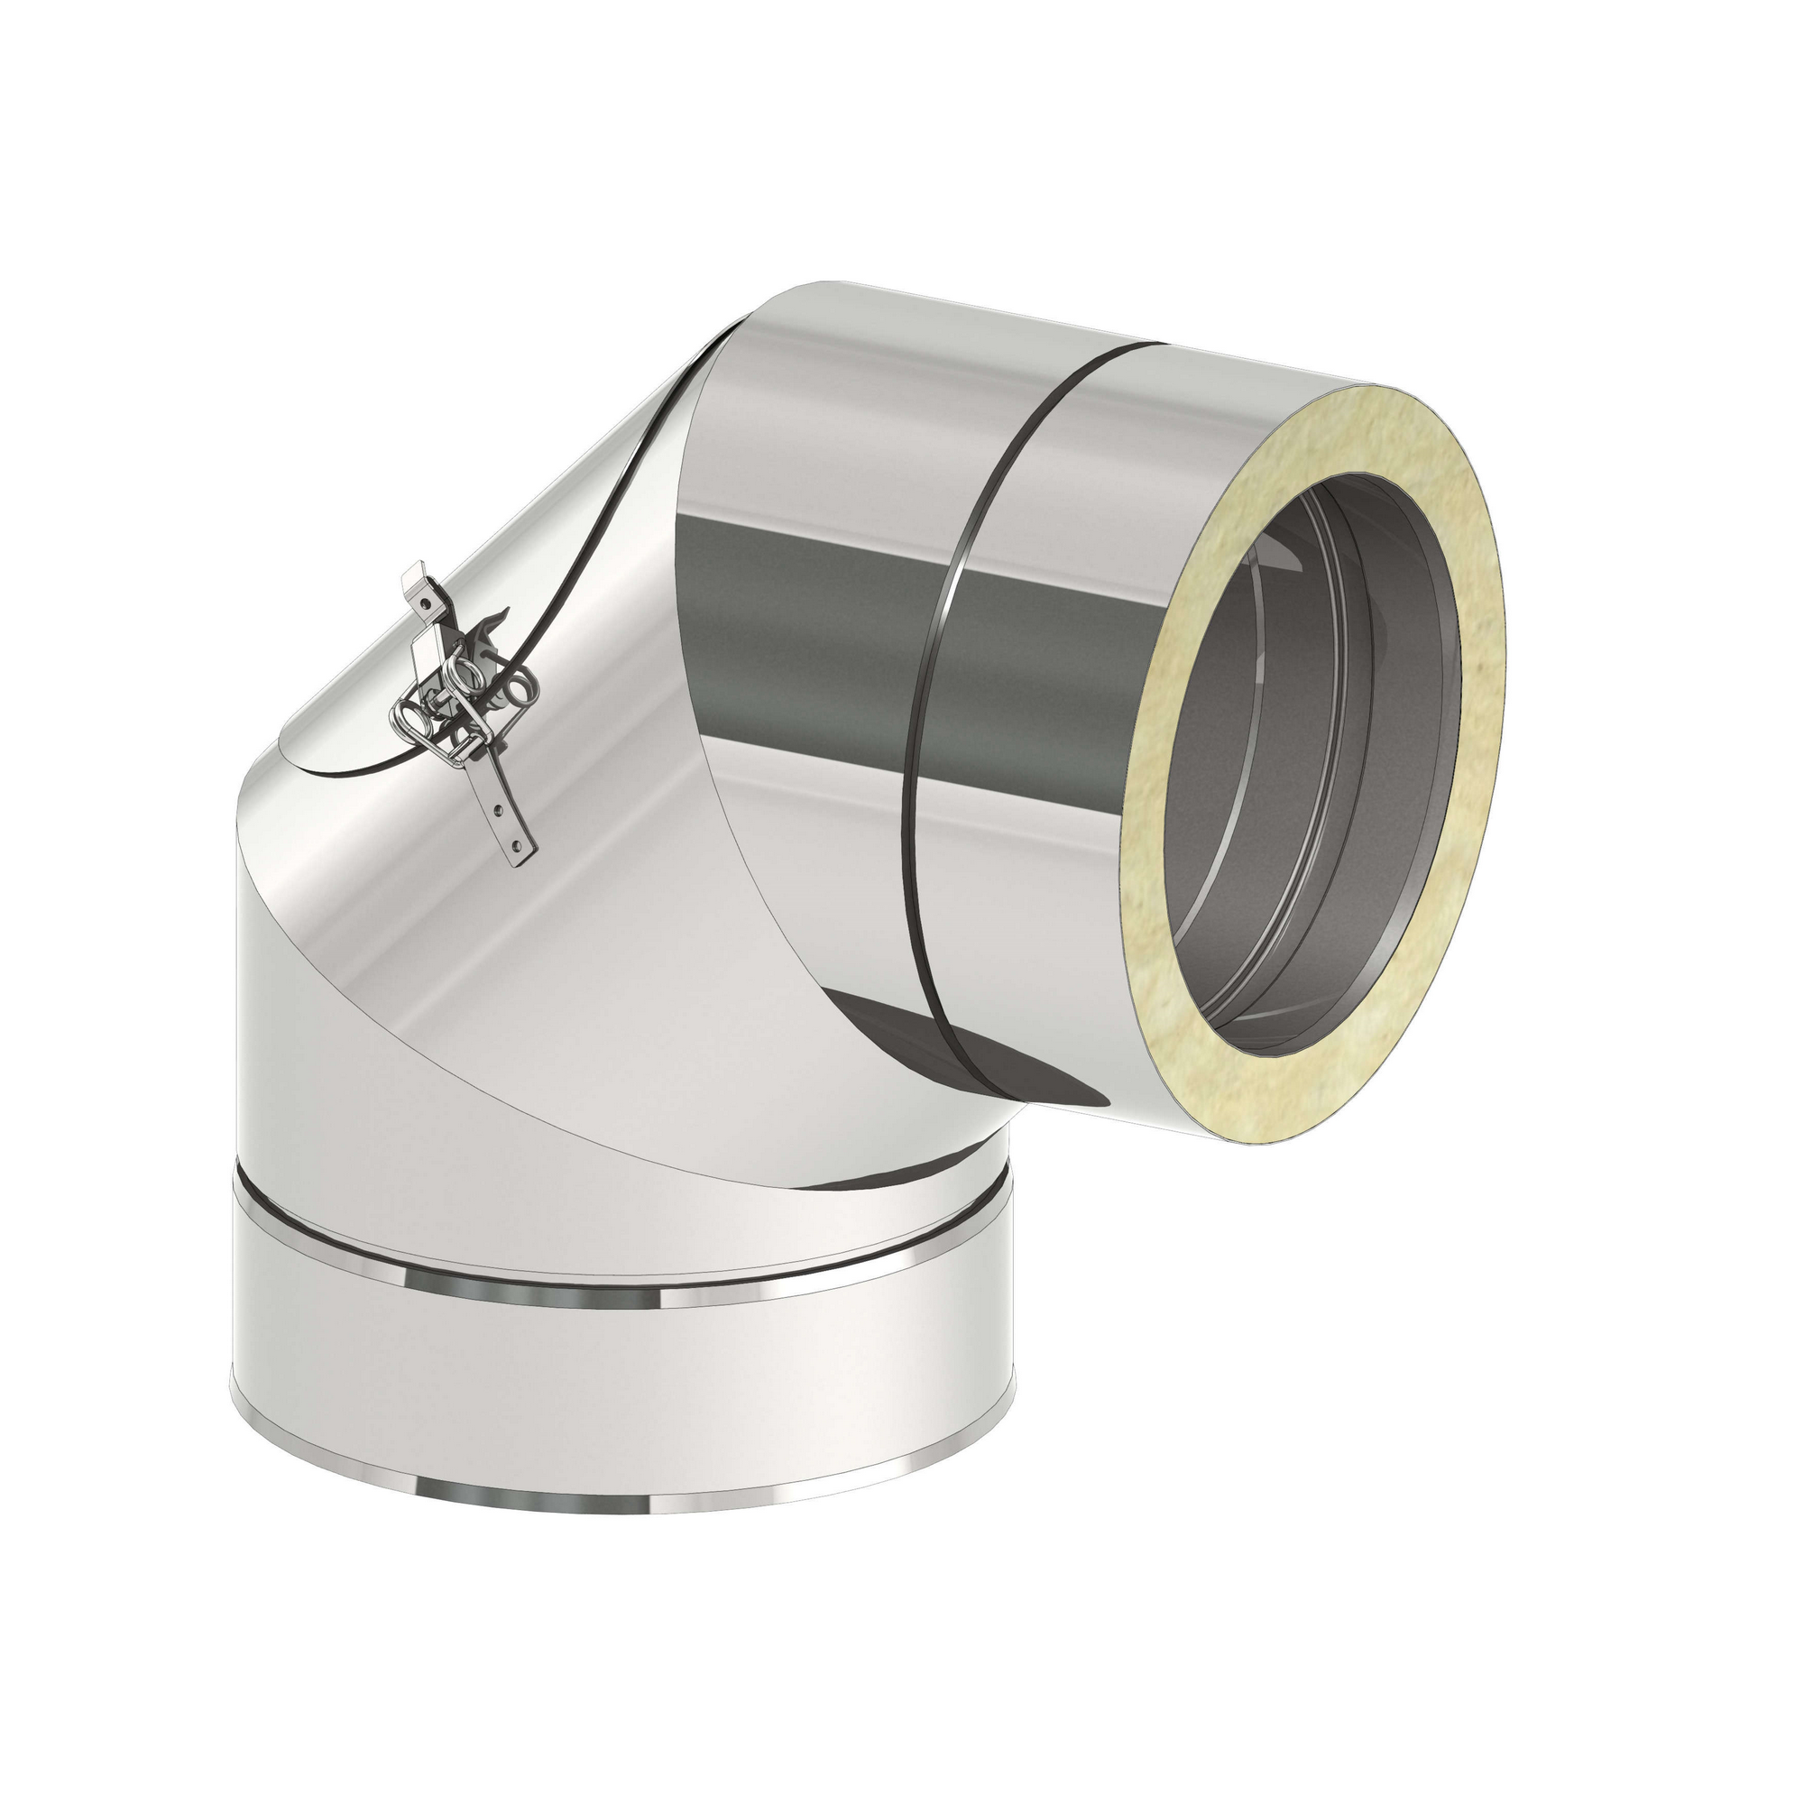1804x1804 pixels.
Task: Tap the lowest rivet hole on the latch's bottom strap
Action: tap(517, 846)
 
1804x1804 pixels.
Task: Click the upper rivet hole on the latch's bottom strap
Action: tap(499, 810)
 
